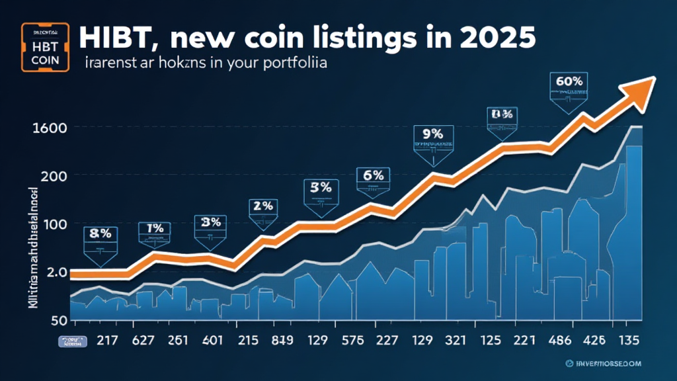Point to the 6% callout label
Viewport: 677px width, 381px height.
(x=374, y=175)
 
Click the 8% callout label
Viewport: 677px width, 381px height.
(x=99, y=234)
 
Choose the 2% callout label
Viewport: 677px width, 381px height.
(x=262, y=206)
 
